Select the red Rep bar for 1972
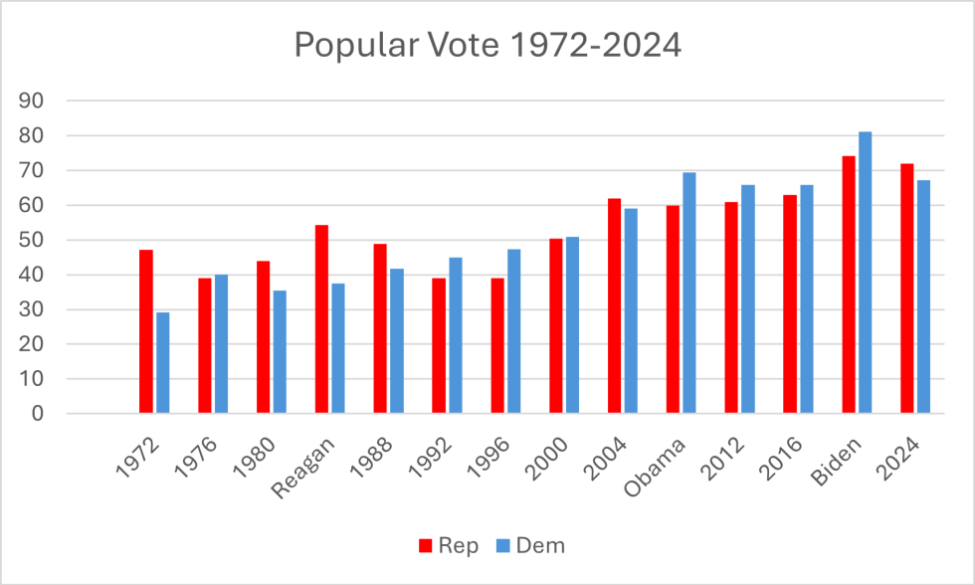coord(146,331)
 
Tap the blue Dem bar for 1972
coord(163,363)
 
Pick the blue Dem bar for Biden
coord(866,273)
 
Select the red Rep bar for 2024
coord(907,289)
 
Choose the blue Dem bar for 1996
coord(514,331)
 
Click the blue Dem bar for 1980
coord(280,352)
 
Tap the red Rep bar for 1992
coord(439,345)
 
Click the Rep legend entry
coord(450,545)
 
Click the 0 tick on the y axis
coord(39,414)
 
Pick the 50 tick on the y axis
coord(33,240)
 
